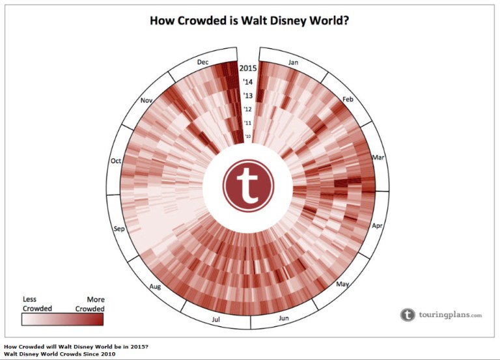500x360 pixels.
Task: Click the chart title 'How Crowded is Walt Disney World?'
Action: pyautogui.click(x=250, y=20)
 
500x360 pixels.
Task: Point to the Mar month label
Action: pyautogui.click(x=378, y=158)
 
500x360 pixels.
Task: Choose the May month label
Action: pyautogui.click(x=342, y=284)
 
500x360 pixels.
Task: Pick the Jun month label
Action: pyautogui.click(x=283, y=318)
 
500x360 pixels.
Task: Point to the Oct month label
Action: pyautogui.click(x=117, y=161)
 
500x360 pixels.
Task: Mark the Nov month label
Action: pyautogui.click(x=146, y=101)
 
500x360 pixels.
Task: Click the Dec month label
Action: pyautogui.click(x=202, y=62)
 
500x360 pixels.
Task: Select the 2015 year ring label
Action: pyautogui.click(x=247, y=68)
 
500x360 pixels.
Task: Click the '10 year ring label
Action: pyautogui.click(x=247, y=137)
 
